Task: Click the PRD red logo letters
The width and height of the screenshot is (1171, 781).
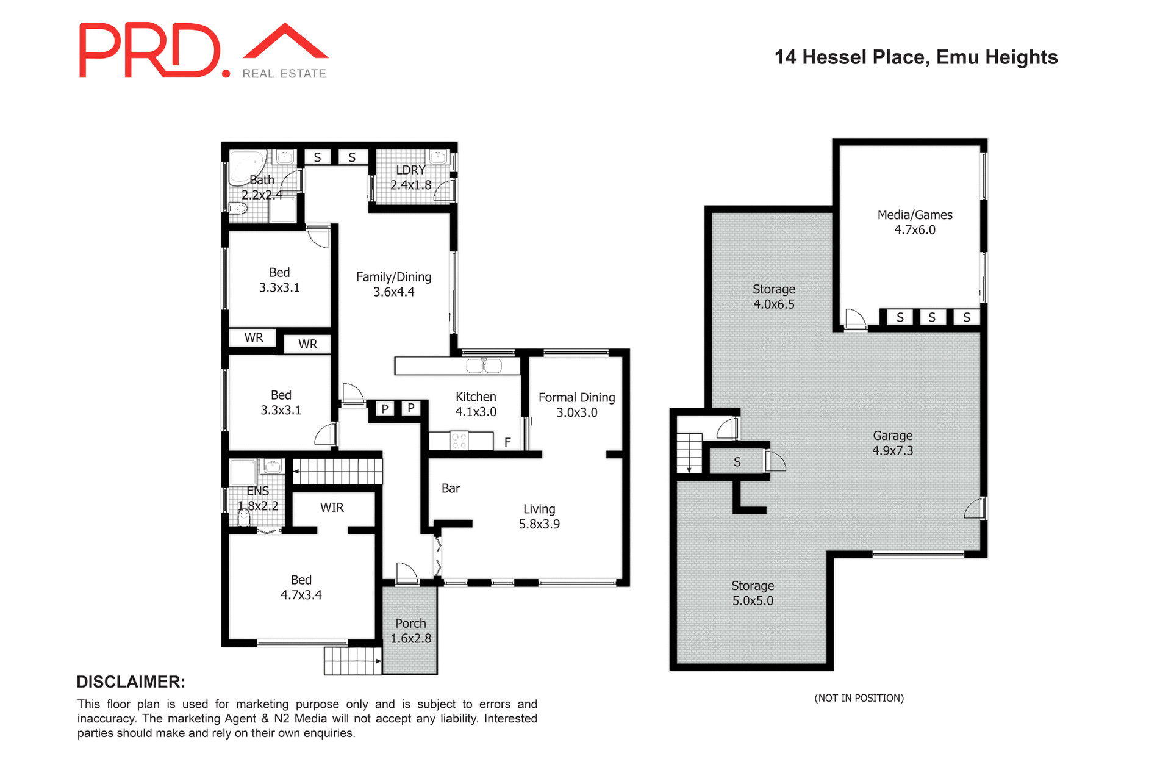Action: (x=149, y=51)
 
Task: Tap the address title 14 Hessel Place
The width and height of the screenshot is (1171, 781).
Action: (x=915, y=57)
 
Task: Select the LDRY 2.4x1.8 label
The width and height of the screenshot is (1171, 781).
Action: (x=410, y=178)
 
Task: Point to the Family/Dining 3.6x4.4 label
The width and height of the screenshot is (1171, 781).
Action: (x=393, y=284)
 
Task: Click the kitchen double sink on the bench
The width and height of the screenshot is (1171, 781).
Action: (x=484, y=366)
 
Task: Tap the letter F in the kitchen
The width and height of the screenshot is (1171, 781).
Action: (x=507, y=442)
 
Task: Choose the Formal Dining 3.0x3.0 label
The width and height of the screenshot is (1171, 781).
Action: (x=576, y=405)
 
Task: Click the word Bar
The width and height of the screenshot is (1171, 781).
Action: (x=451, y=488)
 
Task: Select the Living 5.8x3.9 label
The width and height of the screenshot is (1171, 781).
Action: (x=539, y=516)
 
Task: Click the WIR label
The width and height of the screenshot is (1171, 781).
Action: (x=332, y=508)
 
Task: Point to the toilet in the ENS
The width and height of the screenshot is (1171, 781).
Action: (x=244, y=518)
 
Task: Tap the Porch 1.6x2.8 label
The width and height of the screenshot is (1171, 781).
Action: (x=410, y=631)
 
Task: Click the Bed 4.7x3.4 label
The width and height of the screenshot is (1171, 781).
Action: (x=301, y=587)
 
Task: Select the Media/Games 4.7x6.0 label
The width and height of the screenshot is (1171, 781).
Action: (x=914, y=222)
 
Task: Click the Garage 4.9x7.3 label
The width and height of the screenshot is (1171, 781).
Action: (x=892, y=443)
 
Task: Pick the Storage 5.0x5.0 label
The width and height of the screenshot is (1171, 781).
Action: (x=752, y=593)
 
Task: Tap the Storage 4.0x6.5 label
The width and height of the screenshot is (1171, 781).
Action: (x=773, y=297)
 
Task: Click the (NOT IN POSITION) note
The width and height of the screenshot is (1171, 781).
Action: (x=859, y=698)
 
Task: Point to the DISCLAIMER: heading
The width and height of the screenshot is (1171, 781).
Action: (x=131, y=682)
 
